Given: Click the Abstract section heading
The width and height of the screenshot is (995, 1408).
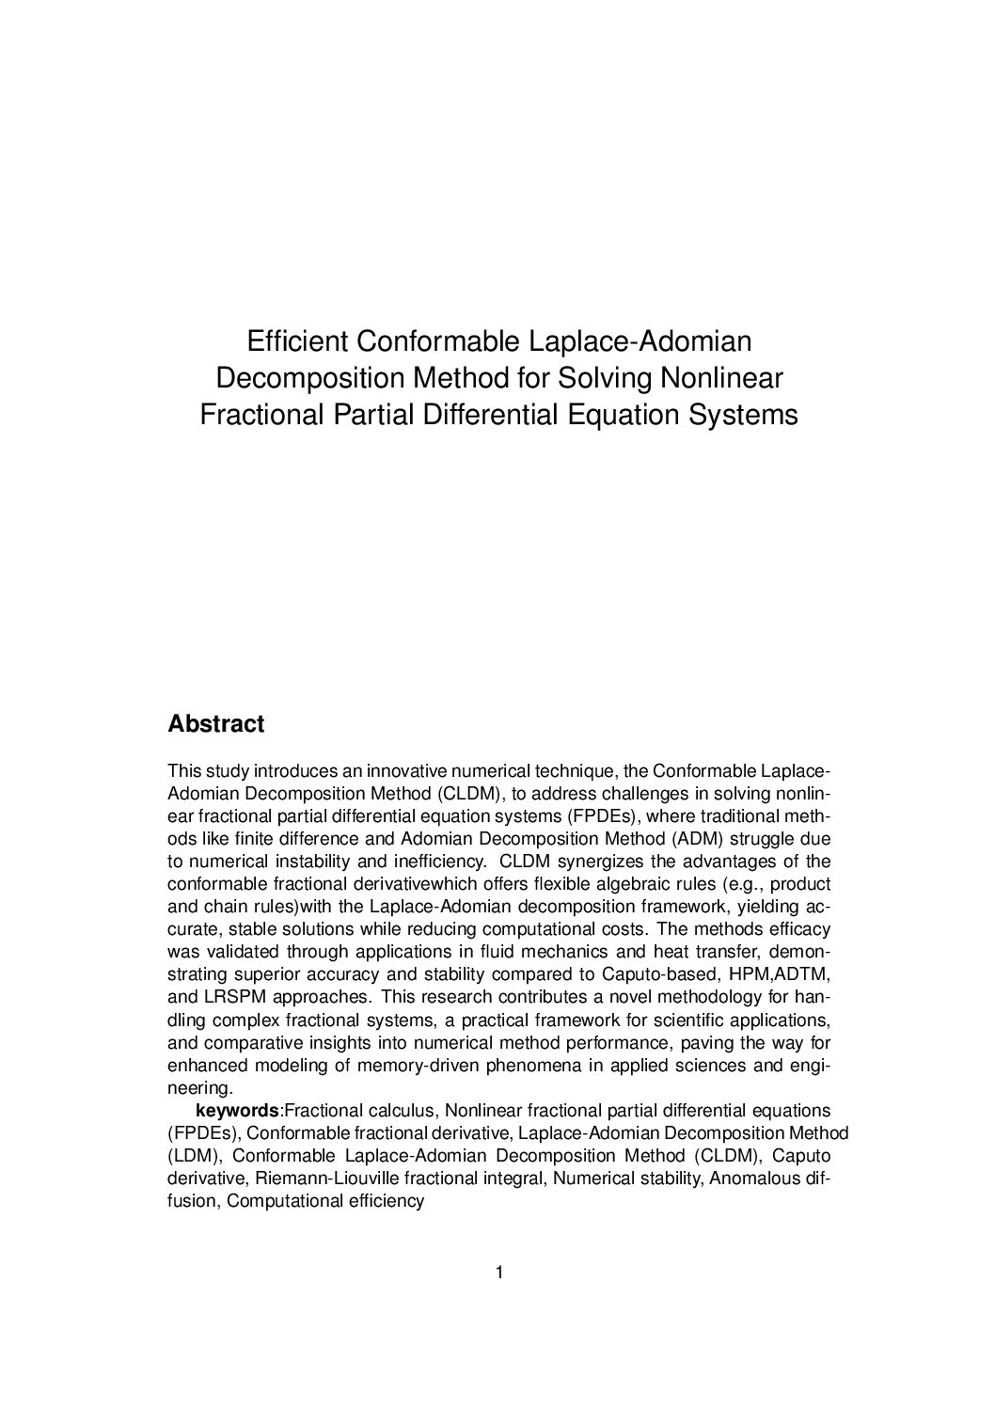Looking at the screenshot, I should pyautogui.click(x=215, y=724).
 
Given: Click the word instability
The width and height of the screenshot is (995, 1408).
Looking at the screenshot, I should pyautogui.click(x=314, y=862).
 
